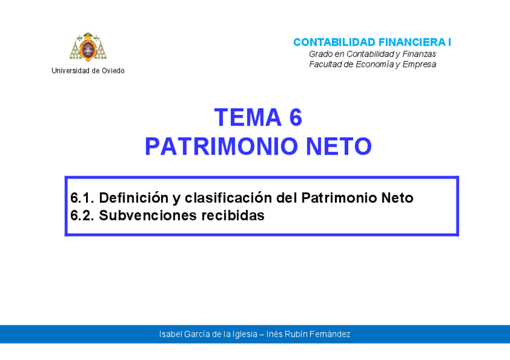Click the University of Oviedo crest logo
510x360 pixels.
tap(88, 47)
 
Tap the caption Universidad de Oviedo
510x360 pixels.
tap(88, 71)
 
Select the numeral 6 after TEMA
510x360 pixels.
tap(295, 118)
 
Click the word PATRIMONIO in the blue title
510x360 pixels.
tap(221, 146)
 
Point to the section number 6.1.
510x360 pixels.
tap(81, 198)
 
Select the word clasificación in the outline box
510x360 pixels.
tap(229, 198)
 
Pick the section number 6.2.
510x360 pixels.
tap(81, 216)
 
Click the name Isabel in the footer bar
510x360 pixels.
tap(170, 334)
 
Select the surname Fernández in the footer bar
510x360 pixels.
tap(331, 334)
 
